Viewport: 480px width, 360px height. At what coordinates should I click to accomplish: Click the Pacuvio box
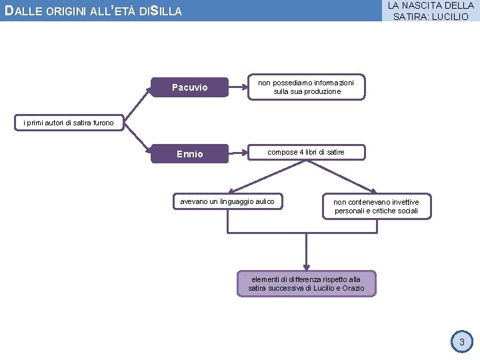click(190, 87)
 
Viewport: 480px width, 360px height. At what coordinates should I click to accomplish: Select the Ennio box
click(190, 154)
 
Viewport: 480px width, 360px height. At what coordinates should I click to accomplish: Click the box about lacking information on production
click(307, 87)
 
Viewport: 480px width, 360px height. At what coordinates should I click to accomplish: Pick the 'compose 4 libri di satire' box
click(306, 153)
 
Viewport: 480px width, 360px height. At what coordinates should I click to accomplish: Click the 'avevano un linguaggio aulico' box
click(227, 201)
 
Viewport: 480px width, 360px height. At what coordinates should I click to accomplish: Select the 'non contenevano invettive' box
click(376, 206)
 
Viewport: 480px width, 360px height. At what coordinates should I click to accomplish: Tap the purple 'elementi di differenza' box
click(307, 283)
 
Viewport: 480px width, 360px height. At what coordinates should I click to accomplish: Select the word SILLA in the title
click(167, 11)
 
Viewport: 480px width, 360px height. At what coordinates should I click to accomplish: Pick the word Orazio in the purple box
click(353, 288)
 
